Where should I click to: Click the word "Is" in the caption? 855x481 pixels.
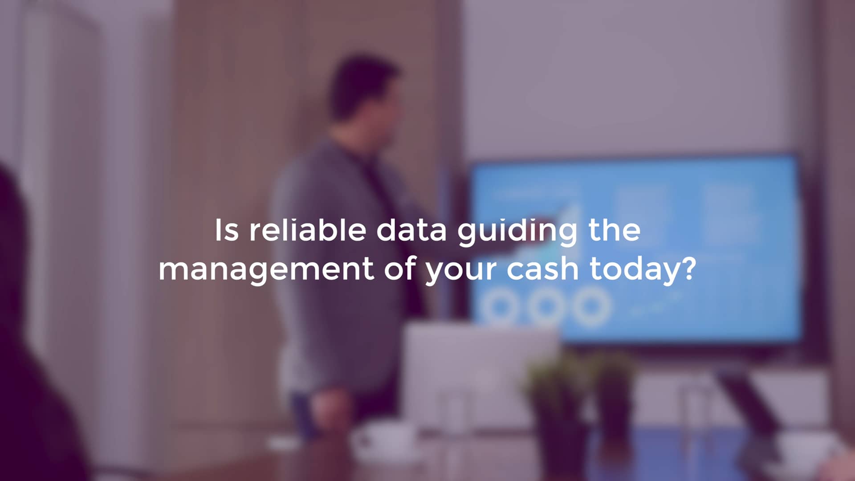(x=226, y=230)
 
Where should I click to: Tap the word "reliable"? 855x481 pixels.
(x=307, y=230)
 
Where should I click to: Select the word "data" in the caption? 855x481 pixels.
(x=411, y=230)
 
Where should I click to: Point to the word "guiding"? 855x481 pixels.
(x=517, y=232)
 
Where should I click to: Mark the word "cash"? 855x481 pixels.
(x=542, y=268)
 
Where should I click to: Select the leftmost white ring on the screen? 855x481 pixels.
(x=499, y=306)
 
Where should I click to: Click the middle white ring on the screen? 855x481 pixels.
(x=545, y=306)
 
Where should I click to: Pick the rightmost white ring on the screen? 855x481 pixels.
(x=591, y=306)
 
